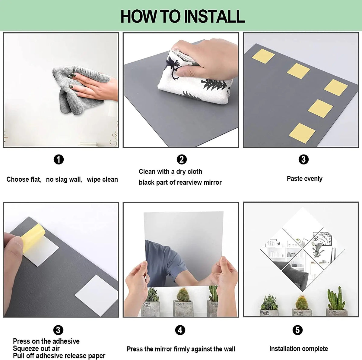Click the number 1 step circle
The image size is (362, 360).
tap(59, 159)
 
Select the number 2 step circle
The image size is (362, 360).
tap(182, 159)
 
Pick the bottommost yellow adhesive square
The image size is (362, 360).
tap(302, 134)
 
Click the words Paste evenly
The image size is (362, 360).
tap(304, 179)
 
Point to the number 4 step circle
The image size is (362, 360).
tap(180, 330)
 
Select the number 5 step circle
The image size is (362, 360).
tap(297, 330)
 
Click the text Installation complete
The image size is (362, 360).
tap(298, 349)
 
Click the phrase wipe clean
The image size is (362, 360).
tap(102, 180)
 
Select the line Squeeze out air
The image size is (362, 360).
tap(36, 349)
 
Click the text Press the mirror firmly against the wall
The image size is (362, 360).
tap(181, 349)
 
